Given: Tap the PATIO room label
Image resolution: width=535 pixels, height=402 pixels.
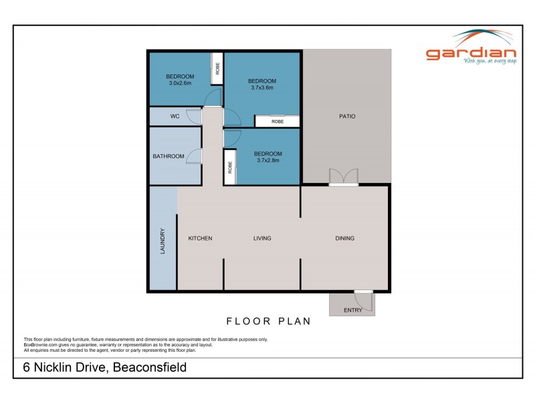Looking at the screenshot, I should (x=346, y=117).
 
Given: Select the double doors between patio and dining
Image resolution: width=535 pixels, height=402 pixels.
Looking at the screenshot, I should (x=344, y=177).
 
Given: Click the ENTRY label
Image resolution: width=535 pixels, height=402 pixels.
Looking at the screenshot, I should (x=352, y=310).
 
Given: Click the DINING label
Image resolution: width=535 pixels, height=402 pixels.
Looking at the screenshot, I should (x=344, y=238).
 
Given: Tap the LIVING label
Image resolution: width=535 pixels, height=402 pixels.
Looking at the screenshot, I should (x=262, y=238).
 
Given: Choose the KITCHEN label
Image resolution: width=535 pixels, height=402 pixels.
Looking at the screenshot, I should (x=200, y=238).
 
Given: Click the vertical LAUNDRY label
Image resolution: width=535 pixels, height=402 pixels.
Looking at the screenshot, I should (x=163, y=241).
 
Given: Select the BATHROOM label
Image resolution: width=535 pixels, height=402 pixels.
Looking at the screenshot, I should (x=169, y=156).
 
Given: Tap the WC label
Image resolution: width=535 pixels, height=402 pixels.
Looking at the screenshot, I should (x=175, y=117).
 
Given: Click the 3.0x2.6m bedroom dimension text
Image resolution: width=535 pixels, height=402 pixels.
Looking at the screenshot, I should (x=180, y=84).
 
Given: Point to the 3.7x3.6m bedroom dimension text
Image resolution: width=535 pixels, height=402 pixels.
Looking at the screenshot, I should (x=263, y=88).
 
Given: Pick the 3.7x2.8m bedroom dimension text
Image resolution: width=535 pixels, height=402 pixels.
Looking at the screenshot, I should (x=266, y=161).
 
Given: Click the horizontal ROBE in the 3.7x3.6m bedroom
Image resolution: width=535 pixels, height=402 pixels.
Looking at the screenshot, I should (x=277, y=122).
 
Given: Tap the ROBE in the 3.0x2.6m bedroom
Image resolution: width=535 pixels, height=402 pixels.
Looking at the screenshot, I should (x=217, y=68).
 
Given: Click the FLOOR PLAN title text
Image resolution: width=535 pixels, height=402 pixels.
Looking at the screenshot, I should (x=268, y=321).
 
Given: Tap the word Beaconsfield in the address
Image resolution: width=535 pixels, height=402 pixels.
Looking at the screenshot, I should (x=149, y=367).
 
